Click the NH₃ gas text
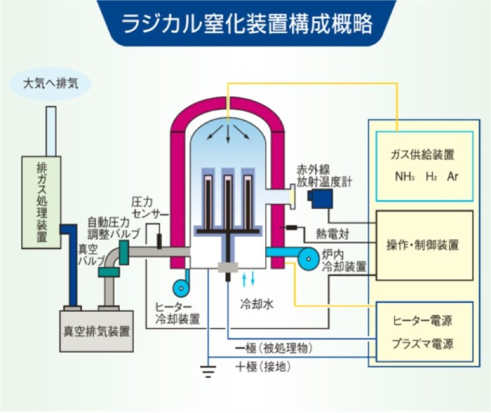click(404, 176)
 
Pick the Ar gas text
click(452, 176)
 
